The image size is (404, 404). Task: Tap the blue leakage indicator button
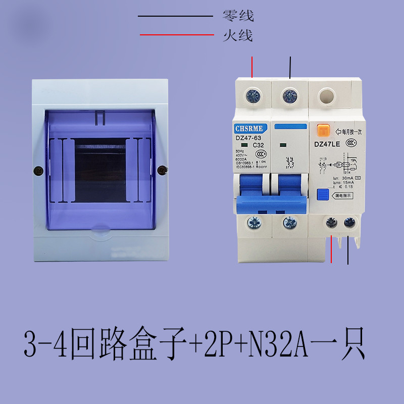click(322, 195)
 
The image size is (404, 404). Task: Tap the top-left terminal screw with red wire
click(251, 94)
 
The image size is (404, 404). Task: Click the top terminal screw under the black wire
click(289, 94)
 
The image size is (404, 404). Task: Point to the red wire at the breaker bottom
click(331, 250)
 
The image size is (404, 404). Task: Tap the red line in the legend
click(177, 35)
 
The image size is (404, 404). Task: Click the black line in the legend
click(176, 16)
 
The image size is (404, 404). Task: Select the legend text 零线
click(238, 16)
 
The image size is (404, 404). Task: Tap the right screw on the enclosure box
click(162, 170)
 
